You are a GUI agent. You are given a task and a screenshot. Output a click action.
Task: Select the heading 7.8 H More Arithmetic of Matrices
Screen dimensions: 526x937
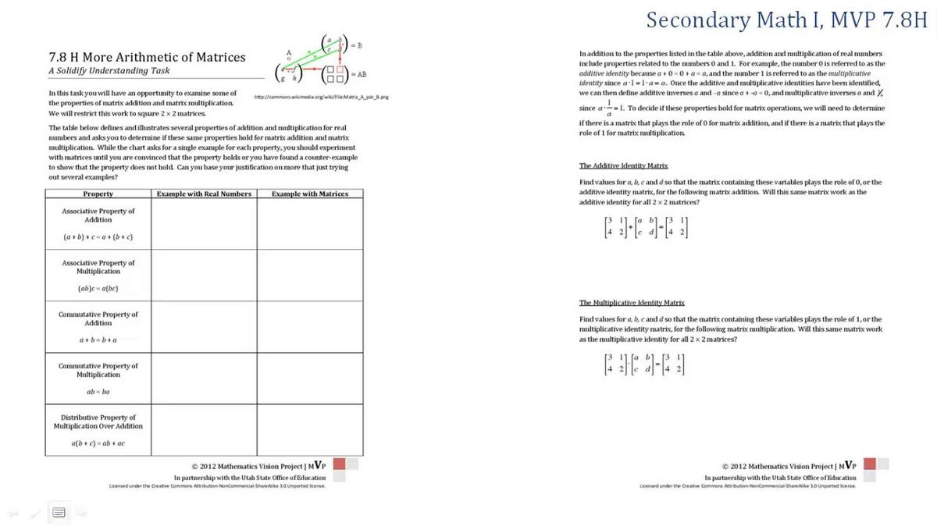(x=147, y=57)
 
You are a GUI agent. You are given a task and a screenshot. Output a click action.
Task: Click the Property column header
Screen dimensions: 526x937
(x=98, y=194)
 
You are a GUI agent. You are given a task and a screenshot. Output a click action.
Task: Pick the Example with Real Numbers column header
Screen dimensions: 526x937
(x=204, y=194)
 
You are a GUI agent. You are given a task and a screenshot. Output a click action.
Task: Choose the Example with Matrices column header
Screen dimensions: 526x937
(x=310, y=194)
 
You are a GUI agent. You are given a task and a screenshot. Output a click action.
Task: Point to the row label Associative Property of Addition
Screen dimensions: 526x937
(x=98, y=215)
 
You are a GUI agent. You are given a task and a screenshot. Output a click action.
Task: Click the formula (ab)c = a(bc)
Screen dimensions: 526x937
(x=98, y=288)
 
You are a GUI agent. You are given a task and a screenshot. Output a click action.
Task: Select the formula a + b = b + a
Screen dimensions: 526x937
(x=98, y=339)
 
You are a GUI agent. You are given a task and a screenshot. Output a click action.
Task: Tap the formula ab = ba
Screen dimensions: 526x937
(x=98, y=392)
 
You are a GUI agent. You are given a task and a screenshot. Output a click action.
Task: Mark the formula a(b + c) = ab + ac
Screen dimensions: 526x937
(x=98, y=443)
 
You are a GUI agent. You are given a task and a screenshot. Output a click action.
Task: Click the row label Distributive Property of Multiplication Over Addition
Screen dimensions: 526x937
(x=98, y=421)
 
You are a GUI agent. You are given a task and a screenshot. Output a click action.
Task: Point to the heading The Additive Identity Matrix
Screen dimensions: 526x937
(x=623, y=165)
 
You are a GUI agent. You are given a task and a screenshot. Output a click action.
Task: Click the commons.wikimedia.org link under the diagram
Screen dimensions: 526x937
(x=322, y=98)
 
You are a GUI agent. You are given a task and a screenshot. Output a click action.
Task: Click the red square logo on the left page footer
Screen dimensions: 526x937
(x=340, y=464)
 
